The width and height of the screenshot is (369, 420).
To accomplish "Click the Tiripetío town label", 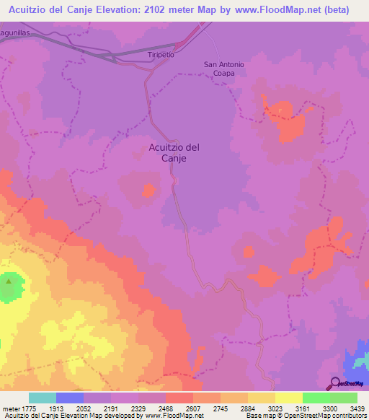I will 161,55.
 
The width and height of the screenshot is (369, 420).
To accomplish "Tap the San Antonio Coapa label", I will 224,69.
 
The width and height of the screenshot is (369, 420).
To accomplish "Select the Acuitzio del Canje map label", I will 174,152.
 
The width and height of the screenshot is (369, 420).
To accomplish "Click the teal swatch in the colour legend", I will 42,398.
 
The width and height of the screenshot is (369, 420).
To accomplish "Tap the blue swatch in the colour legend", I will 70,398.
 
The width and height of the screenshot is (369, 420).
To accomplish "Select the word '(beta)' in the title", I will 332,10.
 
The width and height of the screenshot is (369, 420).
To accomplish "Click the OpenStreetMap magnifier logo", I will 334,383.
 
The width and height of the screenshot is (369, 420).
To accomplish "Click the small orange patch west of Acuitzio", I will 149,190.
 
